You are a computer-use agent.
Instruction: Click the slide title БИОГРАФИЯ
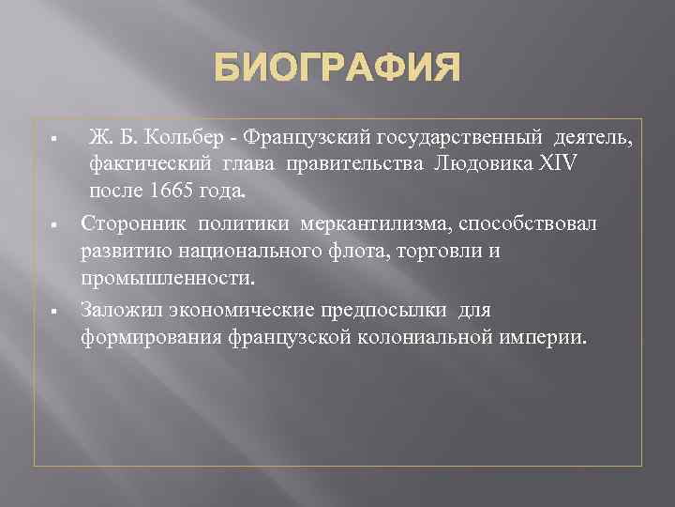point(337,69)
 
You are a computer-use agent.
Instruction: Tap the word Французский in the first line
point(307,140)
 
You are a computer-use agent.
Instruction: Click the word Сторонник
point(133,224)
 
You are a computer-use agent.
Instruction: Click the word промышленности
point(167,279)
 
